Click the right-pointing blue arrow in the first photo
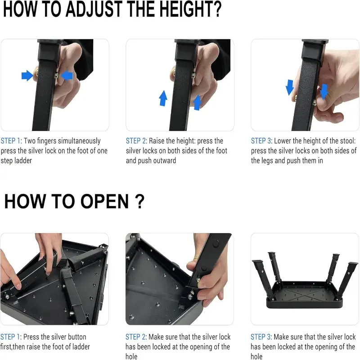coord(27,76)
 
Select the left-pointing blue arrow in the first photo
coord(67,76)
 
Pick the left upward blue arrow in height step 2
coord(163,98)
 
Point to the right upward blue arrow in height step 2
coord(197,103)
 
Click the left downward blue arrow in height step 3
coord(289,87)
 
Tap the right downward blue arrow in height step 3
coord(324,92)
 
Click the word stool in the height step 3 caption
coord(346,141)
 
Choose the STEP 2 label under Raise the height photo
coord(136,141)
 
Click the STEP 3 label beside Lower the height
coord(261,141)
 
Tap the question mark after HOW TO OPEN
coord(139,201)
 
